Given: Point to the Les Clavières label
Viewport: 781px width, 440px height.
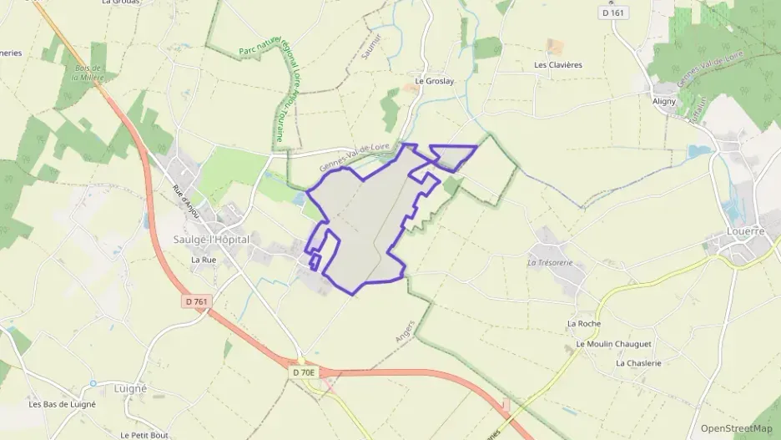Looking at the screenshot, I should point(557,64).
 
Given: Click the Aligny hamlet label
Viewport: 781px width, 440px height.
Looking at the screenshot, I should point(664,100).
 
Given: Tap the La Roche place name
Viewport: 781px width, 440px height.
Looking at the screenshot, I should point(583,324).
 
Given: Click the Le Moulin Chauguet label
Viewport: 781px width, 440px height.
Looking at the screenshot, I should point(613,344).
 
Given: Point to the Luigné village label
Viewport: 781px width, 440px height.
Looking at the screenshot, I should point(129,389).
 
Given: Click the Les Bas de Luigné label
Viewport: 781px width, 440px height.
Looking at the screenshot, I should point(62,404).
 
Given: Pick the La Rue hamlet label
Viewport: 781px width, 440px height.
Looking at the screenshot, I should point(204,260).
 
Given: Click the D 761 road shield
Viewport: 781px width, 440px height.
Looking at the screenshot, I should point(196,301).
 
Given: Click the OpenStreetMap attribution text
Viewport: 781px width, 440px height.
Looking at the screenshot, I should point(736,428).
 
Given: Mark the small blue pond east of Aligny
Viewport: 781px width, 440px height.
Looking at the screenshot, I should point(698,152).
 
